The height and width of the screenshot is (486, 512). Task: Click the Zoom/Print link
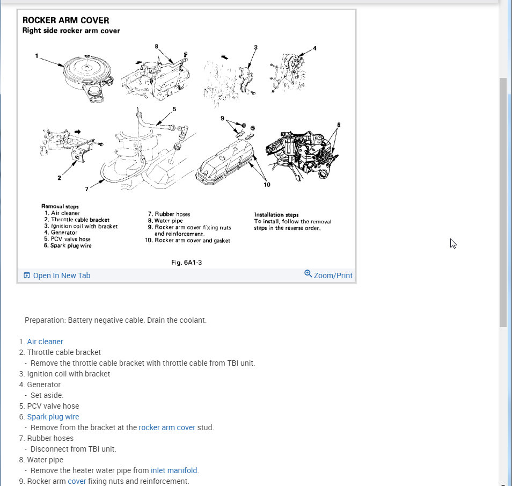(333, 275)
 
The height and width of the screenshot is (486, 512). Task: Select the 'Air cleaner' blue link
(45, 342)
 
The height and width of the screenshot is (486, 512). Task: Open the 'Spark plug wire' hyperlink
(53, 417)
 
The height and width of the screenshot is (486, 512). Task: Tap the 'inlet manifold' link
(174, 470)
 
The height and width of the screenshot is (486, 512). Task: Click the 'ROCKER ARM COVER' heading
(65, 20)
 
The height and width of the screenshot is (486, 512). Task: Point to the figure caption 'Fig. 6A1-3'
(186, 263)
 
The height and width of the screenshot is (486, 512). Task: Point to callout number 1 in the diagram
(37, 55)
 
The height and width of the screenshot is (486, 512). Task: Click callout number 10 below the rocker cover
(267, 185)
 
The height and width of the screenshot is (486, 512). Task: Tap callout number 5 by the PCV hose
(174, 109)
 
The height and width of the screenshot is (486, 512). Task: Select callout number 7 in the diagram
(86, 189)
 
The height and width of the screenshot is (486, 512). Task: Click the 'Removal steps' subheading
(60, 206)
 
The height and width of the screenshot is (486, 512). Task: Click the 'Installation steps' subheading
(276, 215)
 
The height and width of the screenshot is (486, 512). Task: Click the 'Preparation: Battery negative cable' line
(115, 320)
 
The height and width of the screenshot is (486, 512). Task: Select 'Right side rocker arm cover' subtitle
(71, 31)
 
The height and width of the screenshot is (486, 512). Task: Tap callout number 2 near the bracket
(59, 178)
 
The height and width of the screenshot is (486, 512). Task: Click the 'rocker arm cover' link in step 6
(167, 427)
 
